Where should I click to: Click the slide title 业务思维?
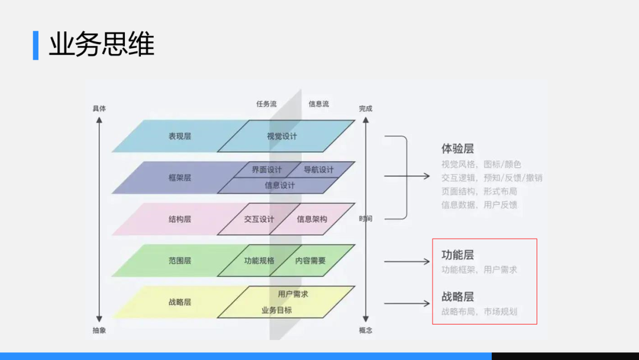(x=101, y=45)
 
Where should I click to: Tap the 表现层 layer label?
(x=179, y=136)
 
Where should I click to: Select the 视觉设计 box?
(x=282, y=136)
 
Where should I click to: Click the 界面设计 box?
(x=266, y=169)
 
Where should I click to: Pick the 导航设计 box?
(x=319, y=169)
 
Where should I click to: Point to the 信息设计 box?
(x=279, y=185)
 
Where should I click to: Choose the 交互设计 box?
(x=259, y=219)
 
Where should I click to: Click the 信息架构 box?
(x=312, y=219)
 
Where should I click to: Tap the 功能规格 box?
(x=259, y=261)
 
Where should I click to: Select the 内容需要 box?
(x=311, y=261)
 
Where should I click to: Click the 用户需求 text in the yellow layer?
(x=293, y=294)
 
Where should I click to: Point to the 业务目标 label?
(x=276, y=310)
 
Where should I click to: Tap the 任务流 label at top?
(x=266, y=104)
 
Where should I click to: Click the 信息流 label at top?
(x=318, y=104)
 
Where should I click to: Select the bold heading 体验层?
(x=457, y=149)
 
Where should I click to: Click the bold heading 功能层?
(x=457, y=255)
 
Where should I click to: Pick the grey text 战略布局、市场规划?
(x=479, y=311)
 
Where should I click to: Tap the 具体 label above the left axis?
(x=99, y=109)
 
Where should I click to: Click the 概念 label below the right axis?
(x=366, y=330)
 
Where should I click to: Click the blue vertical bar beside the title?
(x=35, y=45)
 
